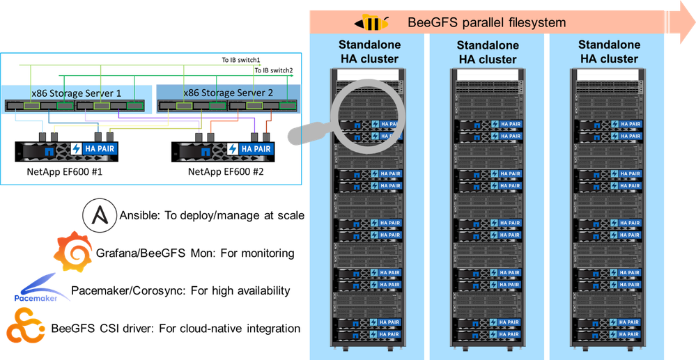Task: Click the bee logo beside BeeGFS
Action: (x=371, y=23)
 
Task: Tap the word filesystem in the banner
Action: (x=532, y=23)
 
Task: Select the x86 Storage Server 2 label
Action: (x=219, y=93)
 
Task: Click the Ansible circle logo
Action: (x=95, y=212)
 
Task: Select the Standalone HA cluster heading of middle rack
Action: (x=487, y=52)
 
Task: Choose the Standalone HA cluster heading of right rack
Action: (x=608, y=52)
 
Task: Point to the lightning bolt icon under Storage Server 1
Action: (x=77, y=148)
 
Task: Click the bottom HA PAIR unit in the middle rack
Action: (x=487, y=335)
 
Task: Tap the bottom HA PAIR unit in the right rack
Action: (x=608, y=335)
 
